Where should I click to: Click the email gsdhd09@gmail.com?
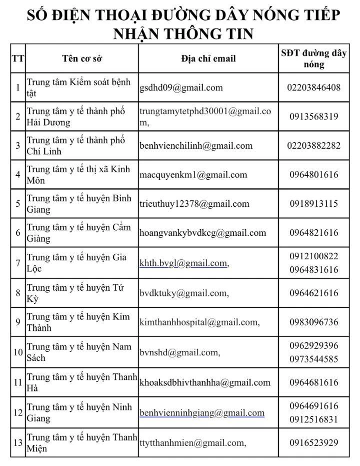tap(181, 88)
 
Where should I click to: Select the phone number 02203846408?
tap(313, 88)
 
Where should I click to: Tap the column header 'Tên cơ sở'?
tap(82, 59)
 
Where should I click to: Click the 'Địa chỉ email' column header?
tap(208, 59)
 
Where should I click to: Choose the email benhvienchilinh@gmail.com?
tap(196, 146)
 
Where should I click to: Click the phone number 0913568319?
tap(313, 117)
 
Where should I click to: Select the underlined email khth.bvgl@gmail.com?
tap(183, 263)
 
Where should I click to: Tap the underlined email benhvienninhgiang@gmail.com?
tap(202, 413)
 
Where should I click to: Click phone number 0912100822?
tap(313, 256)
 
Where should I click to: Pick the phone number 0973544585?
tap(313, 359)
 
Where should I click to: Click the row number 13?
tap(18, 442)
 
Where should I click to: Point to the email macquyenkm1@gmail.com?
tap(193, 175)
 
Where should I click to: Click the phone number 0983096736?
tap(313, 322)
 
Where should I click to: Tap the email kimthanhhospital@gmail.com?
tap(198, 322)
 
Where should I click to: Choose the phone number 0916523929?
tap(313, 442)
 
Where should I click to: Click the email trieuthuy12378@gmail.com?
tap(194, 204)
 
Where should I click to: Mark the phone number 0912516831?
tap(313, 419)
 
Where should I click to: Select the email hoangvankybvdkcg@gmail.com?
tap(202, 233)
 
